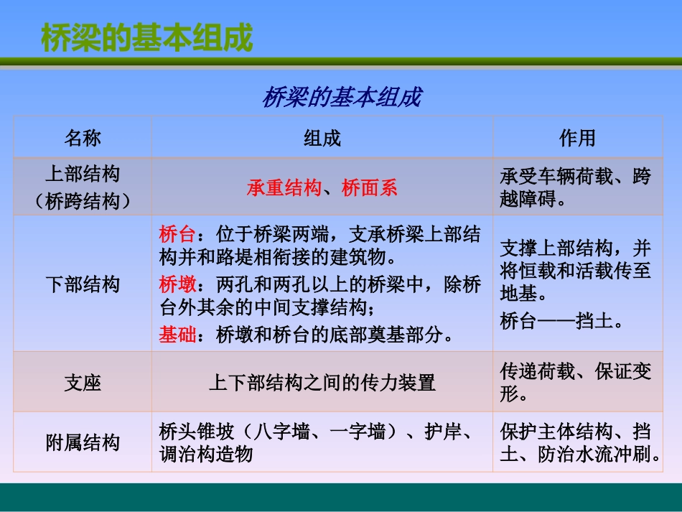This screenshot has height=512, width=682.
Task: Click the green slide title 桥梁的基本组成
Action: (x=146, y=39)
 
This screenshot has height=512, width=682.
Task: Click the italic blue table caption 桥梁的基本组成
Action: (x=342, y=97)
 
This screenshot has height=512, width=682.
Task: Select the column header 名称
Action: (x=83, y=138)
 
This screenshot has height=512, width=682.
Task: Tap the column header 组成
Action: (x=322, y=138)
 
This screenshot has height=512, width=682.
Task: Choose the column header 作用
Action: (x=577, y=138)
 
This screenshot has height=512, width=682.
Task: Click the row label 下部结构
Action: (x=83, y=284)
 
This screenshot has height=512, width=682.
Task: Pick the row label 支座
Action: (x=83, y=383)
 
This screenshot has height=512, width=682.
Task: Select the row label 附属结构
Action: (x=83, y=443)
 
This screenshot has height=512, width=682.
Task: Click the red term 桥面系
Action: (x=370, y=188)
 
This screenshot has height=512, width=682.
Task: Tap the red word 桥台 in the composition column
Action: (x=177, y=235)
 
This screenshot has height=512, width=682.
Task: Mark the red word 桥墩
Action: (x=177, y=285)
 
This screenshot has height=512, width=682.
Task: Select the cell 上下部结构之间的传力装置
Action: (x=322, y=383)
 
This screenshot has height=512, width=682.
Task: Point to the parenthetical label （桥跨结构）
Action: (x=83, y=202)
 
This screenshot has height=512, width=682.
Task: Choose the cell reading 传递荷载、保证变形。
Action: (x=576, y=383)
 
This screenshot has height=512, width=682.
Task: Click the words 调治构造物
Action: (x=206, y=455)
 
